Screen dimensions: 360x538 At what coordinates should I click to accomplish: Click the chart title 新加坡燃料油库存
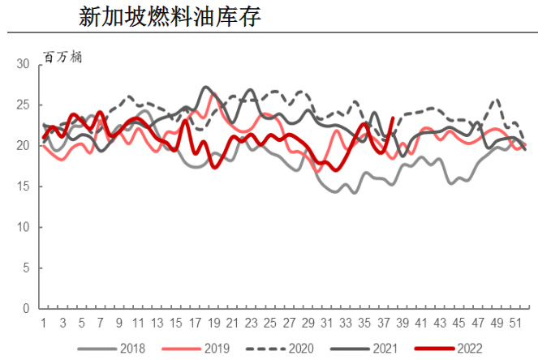click(170, 17)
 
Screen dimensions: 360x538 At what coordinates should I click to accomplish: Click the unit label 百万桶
click(63, 57)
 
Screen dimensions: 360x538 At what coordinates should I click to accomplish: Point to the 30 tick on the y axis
click(24, 65)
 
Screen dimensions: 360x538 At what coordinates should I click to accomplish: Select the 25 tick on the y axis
click(24, 105)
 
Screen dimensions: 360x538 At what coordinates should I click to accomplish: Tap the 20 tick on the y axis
click(24, 146)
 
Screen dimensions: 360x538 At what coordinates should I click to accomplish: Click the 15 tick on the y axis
click(24, 186)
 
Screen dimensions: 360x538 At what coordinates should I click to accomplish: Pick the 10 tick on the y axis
click(24, 227)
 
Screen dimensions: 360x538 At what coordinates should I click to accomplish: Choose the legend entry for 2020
click(302, 348)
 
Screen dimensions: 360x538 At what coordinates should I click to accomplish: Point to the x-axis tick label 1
click(43, 322)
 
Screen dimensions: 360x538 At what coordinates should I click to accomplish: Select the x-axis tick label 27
click(289, 322)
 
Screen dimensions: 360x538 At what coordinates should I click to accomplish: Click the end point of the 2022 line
click(393, 118)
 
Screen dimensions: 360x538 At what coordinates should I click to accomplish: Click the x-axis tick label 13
click(157, 322)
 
